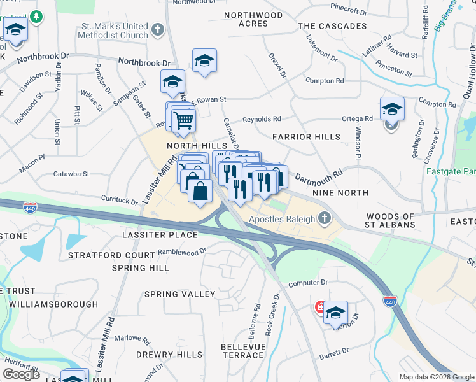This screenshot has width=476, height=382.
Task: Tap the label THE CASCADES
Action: click(x=332, y=26)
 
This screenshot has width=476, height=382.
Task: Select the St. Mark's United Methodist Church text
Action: click(x=113, y=31)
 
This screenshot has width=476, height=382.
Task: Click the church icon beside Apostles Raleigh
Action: click(x=325, y=219)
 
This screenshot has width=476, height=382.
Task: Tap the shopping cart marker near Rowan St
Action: click(x=183, y=119)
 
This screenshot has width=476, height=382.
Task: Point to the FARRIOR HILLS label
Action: click(x=301, y=137)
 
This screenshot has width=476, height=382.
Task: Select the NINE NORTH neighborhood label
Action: click(x=340, y=192)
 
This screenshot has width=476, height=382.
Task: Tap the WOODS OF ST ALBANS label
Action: click(x=391, y=220)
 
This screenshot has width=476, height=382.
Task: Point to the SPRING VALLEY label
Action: click(x=180, y=294)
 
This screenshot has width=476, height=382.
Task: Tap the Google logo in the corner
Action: click(x=21, y=374)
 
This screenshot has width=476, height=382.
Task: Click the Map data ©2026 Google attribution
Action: click(x=437, y=377)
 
